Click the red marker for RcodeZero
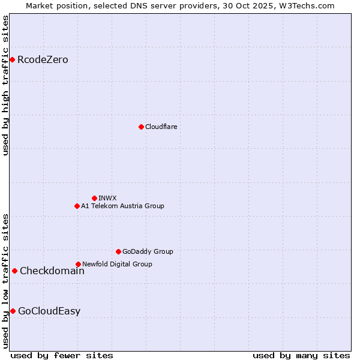point(12,59)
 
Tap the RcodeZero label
point(43,60)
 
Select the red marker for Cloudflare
point(141,127)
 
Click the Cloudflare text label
point(161,127)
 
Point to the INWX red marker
point(94,198)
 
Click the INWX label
point(107,198)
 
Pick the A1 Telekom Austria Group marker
point(77,206)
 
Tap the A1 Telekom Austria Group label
point(122,206)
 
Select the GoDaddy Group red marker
point(118,251)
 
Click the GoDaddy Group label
point(148,251)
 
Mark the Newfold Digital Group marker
point(78,264)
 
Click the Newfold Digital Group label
point(117,264)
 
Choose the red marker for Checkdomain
point(14,271)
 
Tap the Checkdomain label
point(52,271)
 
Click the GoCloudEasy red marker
point(13,311)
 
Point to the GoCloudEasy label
point(49,311)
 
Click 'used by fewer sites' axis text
point(62,355)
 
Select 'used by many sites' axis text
point(301,355)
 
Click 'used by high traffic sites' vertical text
point(6,85)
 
